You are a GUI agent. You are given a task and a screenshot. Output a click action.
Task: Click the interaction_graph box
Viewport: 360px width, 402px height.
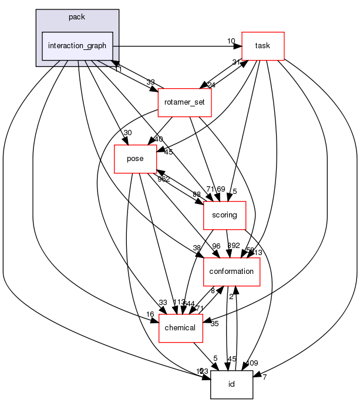click(x=77, y=46)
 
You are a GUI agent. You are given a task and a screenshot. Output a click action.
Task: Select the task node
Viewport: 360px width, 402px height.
click(x=263, y=46)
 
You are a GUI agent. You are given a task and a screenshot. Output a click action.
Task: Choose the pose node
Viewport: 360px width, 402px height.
click(x=135, y=159)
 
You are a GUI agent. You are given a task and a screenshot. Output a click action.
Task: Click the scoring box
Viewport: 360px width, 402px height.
click(x=224, y=215)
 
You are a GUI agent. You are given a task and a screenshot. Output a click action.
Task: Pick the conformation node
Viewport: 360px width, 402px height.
click(x=231, y=272)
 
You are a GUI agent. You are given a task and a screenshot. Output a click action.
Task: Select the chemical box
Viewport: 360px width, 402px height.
click(x=180, y=327)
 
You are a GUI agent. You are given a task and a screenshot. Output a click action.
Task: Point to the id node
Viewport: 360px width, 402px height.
click(x=231, y=384)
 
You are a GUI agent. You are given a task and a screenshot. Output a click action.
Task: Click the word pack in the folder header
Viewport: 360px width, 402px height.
click(x=77, y=17)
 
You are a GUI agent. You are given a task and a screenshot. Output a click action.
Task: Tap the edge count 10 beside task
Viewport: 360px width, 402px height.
click(x=231, y=41)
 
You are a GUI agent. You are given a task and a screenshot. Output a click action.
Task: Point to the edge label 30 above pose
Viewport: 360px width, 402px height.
click(x=127, y=133)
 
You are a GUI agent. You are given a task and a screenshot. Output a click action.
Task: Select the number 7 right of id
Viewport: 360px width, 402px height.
click(x=264, y=377)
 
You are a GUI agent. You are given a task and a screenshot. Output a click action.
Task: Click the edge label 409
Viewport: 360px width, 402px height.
click(x=252, y=363)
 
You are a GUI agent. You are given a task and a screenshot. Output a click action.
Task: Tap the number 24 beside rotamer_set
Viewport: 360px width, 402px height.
click(x=211, y=85)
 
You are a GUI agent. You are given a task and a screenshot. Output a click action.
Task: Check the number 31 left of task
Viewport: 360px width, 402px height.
click(x=236, y=63)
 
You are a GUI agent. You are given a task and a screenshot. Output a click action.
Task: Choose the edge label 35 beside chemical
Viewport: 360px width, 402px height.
click(x=214, y=323)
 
